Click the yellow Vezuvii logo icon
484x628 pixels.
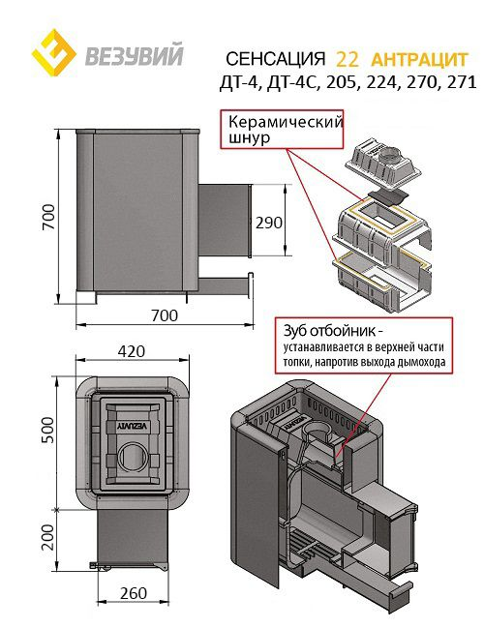coord(53,52)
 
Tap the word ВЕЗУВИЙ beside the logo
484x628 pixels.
coord(134,54)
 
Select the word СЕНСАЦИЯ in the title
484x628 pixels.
coord(275,59)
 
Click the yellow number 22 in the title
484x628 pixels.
coord(348,59)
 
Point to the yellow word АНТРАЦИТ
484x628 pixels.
coord(419,60)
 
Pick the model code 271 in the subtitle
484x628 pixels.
coord(462,82)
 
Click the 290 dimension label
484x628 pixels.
coord(269,223)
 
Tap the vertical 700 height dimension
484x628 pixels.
coord(48,217)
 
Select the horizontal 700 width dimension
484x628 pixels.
coord(165,315)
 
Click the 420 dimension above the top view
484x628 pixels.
coord(132,351)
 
